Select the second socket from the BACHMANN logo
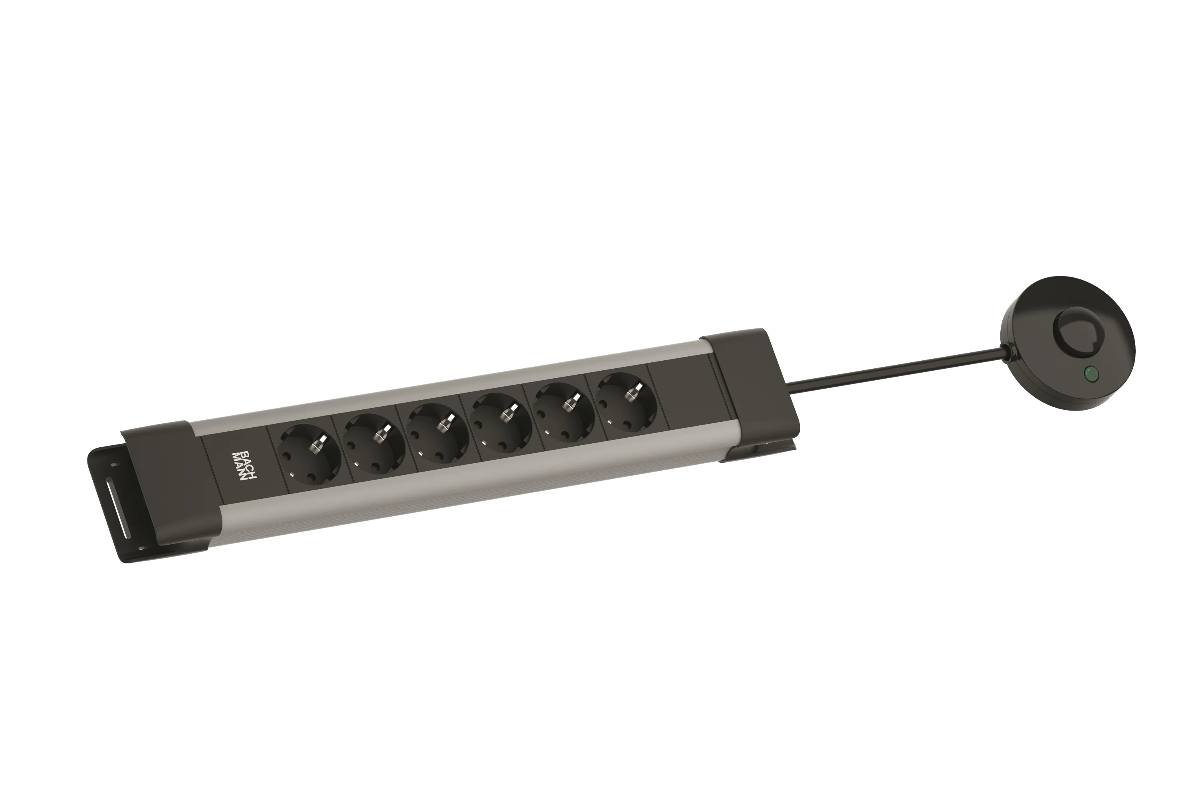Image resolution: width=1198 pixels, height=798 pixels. pos(375,442)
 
